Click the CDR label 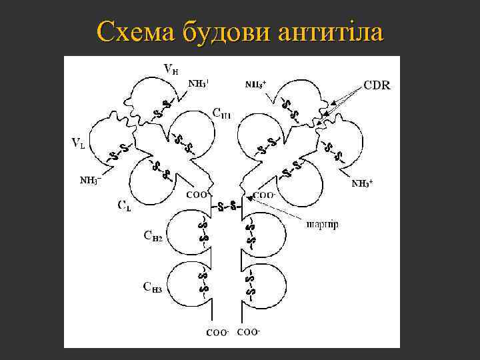[x=377, y=85]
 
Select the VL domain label [x=78, y=142]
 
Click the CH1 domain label [x=222, y=113]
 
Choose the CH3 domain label [x=153, y=287]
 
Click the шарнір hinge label [x=322, y=224]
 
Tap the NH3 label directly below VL [x=90, y=180]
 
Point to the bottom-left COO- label [x=217, y=332]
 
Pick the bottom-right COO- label [x=248, y=331]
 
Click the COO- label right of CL [x=198, y=195]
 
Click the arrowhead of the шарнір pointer [x=248, y=197]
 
